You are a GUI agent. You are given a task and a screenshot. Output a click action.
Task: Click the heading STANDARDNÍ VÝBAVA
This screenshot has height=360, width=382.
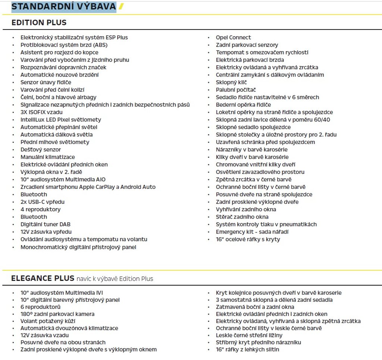(63, 6)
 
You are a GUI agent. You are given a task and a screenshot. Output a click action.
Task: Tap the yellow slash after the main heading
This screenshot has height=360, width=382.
(121, 6)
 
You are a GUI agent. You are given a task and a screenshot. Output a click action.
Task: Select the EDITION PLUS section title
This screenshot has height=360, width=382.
(39, 22)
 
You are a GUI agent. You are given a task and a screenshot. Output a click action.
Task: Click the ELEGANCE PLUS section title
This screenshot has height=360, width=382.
(43, 278)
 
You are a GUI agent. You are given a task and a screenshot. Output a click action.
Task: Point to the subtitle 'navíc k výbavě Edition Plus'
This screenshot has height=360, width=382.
(115, 279)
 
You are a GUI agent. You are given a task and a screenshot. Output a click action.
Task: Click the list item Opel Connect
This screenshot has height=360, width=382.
(233, 37)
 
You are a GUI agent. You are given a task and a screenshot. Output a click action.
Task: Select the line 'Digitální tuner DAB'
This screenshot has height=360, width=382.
(45, 224)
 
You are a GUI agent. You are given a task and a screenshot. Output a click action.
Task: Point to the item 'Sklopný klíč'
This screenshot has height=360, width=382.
(231, 82)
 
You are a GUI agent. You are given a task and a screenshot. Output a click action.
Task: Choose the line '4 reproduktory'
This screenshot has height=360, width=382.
(40, 209)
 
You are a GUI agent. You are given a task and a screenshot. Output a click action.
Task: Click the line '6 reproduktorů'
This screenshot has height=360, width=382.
(40, 307)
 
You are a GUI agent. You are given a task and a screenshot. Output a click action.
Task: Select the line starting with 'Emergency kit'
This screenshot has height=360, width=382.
(252, 232)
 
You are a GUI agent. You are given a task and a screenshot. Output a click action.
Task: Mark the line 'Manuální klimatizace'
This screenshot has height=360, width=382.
(47, 157)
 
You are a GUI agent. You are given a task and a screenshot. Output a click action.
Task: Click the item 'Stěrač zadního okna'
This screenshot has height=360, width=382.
(242, 217)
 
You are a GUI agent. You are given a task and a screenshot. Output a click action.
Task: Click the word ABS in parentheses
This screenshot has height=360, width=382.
(90, 45)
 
